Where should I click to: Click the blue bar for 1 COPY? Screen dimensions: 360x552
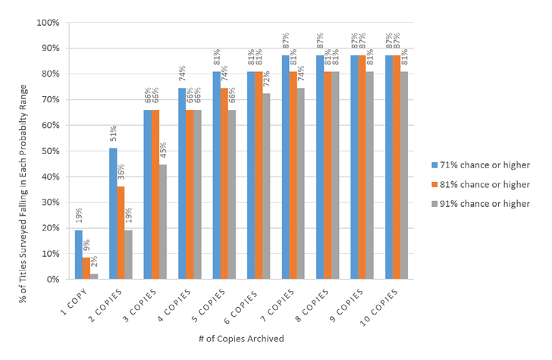pos(79,255)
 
